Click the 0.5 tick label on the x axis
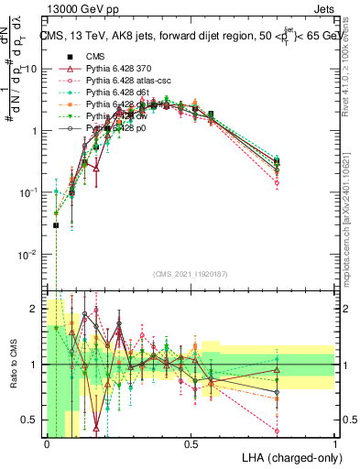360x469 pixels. click(x=191, y=443)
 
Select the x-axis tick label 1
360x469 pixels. click(x=335, y=443)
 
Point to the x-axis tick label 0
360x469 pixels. click(x=47, y=443)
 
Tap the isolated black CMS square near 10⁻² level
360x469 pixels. click(x=56, y=224)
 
